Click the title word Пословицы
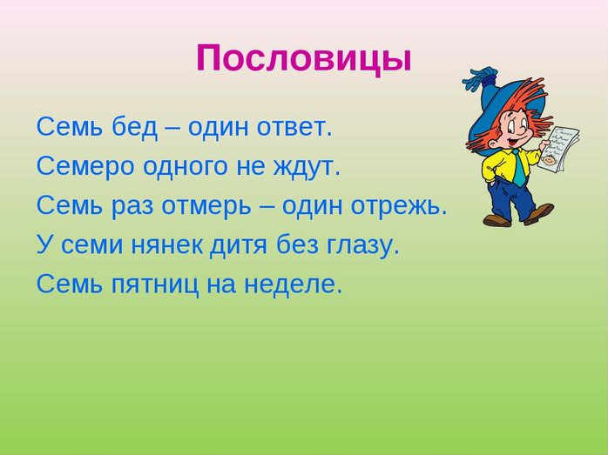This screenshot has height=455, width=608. [303, 59]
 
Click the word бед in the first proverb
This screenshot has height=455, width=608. [135, 127]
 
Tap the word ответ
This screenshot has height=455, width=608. [294, 128]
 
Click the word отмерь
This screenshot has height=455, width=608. [206, 207]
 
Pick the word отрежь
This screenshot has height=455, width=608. [399, 207]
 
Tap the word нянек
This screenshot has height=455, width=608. [166, 245]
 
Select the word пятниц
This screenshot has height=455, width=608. [155, 285]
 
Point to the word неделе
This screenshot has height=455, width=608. [294, 285]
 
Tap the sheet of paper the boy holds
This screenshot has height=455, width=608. [559, 147]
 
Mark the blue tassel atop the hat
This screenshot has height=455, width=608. [479, 78]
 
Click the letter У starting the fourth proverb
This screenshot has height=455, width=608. [45, 245]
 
